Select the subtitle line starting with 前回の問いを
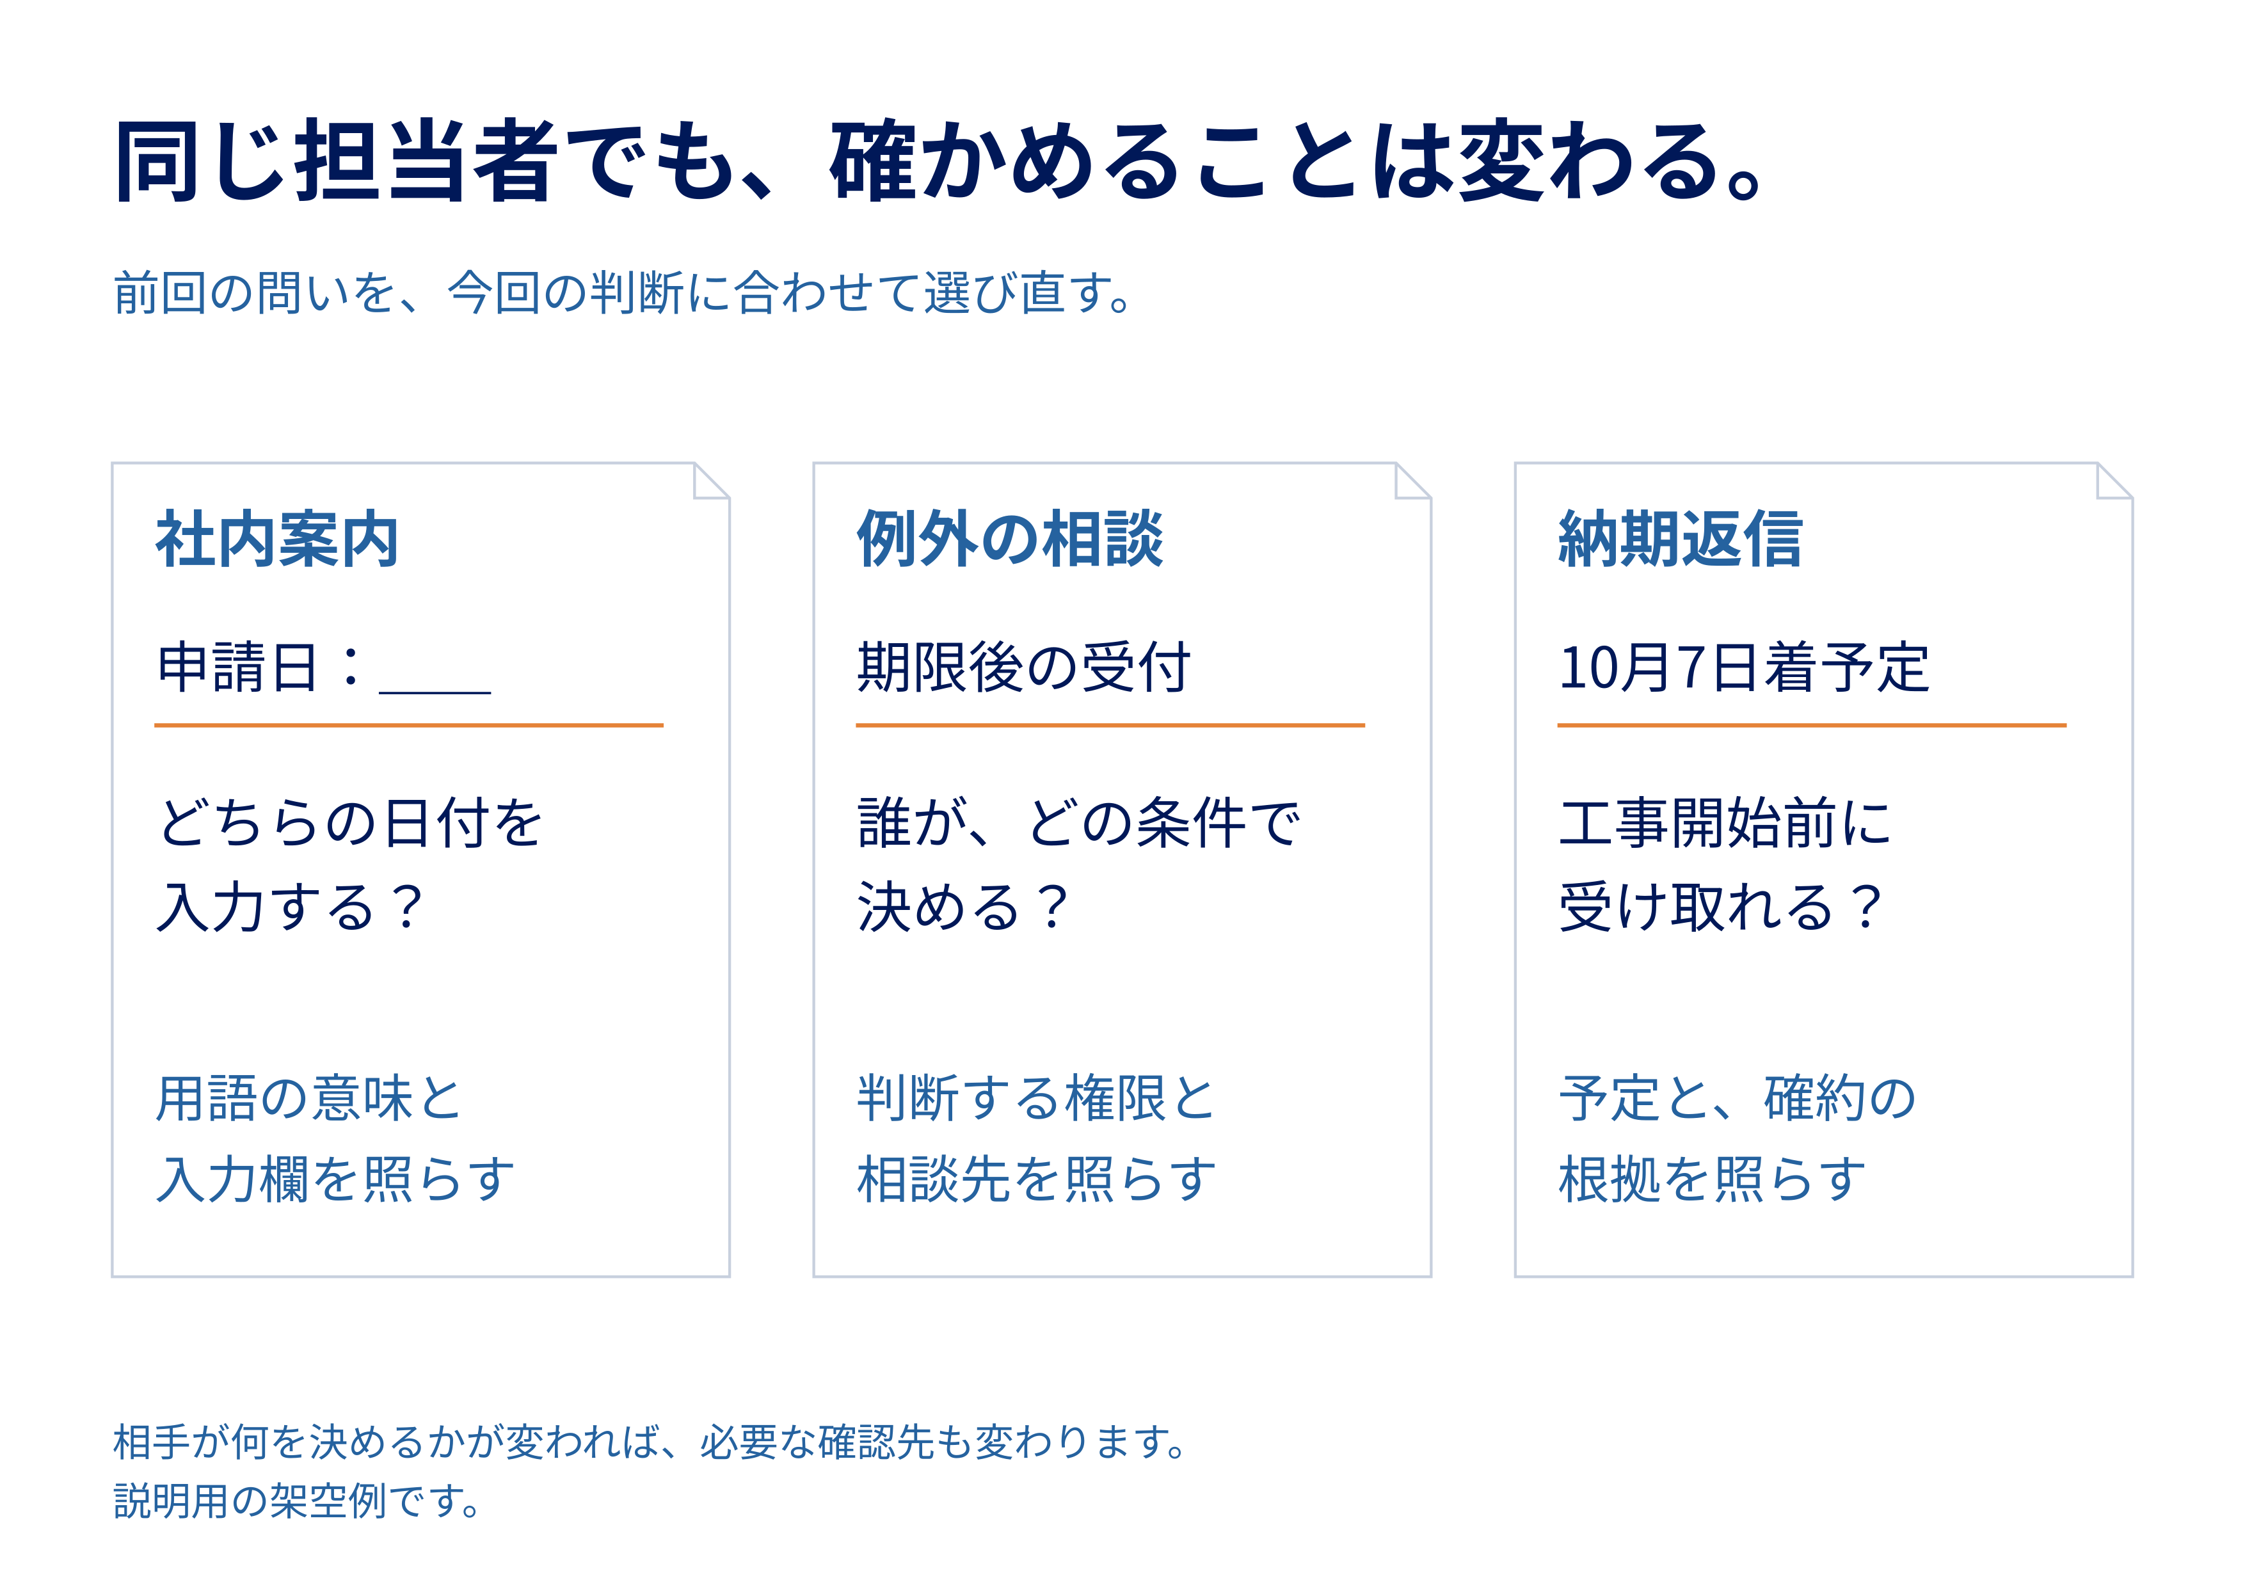[623, 292]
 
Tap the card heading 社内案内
[276, 539]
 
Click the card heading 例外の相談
[1010, 539]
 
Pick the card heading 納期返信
[1681, 539]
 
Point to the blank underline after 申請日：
[435, 693]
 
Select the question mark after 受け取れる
[1867, 906]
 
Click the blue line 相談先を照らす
[1037, 1178]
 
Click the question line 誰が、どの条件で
[1078, 822]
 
